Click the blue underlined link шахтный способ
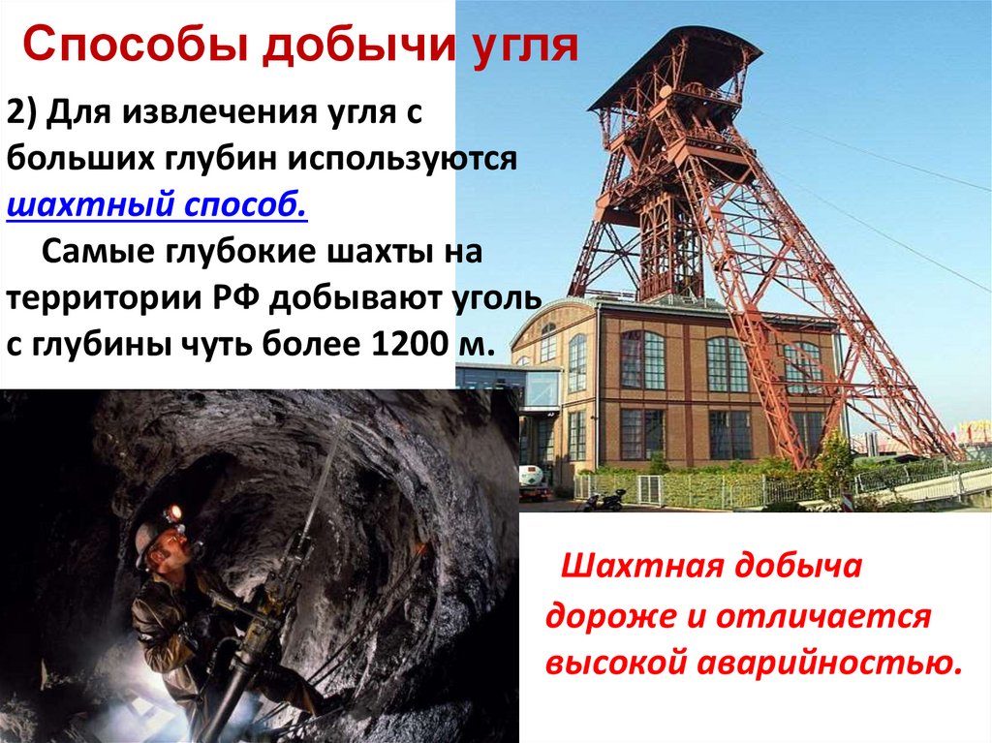click(157, 205)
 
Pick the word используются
click(402, 159)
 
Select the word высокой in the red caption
click(616, 663)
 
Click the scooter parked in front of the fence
click(604, 500)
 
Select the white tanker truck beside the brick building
click(535, 480)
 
